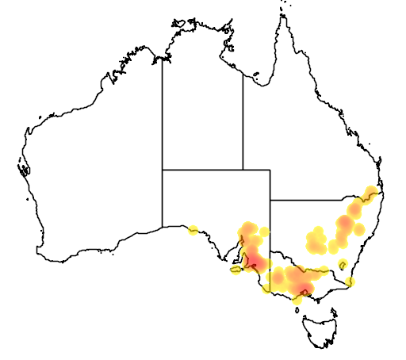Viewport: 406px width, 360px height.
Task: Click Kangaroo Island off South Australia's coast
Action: pyautogui.click(x=236, y=270)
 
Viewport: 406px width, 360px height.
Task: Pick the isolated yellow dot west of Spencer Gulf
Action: pyautogui.click(x=193, y=231)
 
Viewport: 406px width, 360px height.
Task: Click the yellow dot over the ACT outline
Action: pyautogui.click(x=343, y=264)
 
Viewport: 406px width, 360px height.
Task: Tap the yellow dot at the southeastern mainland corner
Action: pyautogui.click(x=350, y=281)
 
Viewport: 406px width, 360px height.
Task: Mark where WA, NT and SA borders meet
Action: pyautogui.click(x=163, y=170)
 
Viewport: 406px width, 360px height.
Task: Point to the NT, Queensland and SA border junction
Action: pyautogui.click(x=243, y=170)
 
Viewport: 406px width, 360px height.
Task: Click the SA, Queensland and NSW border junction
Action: pyautogui.click(x=270, y=200)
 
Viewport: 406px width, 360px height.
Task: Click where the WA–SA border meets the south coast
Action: pyautogui.click(x=163, y=227)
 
